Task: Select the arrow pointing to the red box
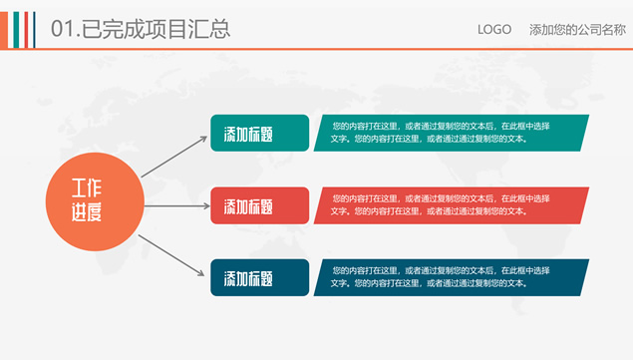[175, 204]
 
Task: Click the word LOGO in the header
[495, 29]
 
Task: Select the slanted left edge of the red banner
[320, 205]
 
